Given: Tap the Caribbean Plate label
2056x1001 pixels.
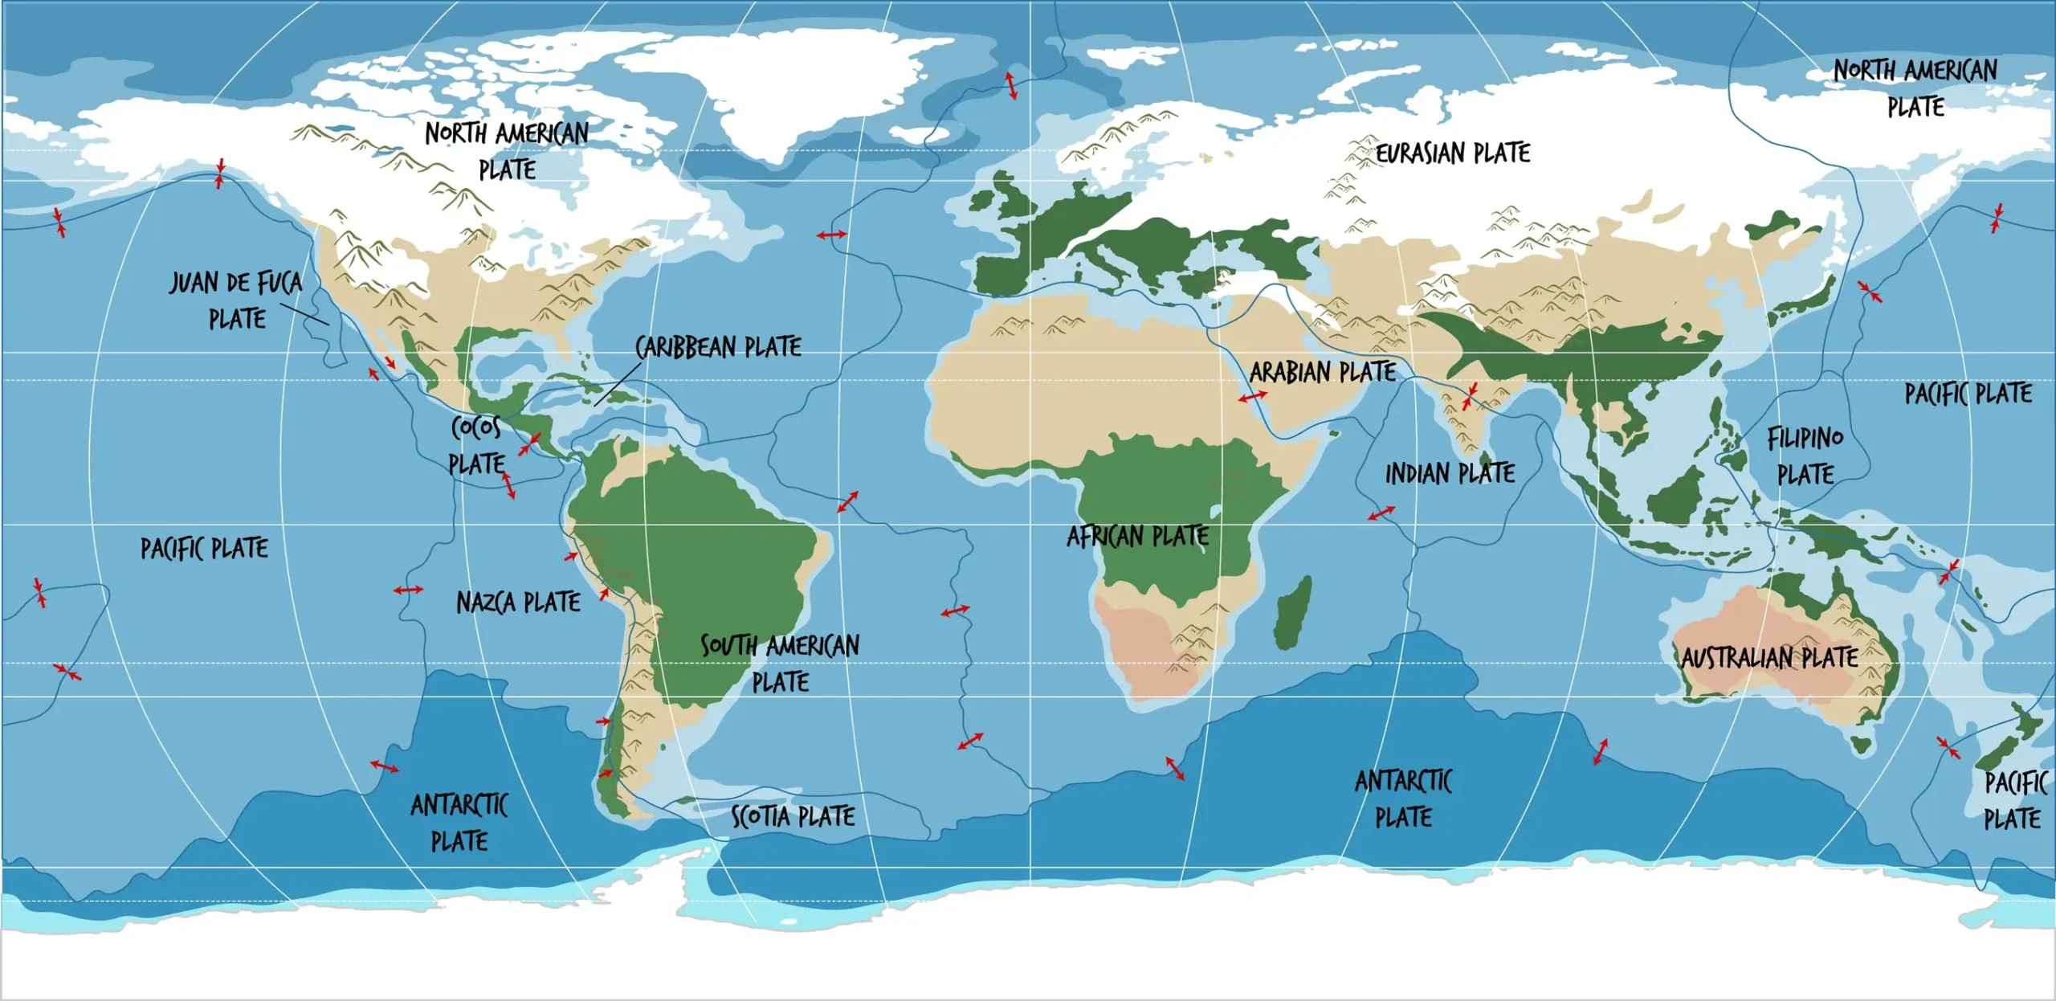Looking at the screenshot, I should [x=718, y=347].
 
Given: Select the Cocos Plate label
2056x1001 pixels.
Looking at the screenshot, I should [x=476, y=445].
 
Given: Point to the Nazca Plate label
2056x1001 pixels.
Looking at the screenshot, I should [x=518, y=603].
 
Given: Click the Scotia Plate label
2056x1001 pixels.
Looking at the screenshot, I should [x=793, y=817].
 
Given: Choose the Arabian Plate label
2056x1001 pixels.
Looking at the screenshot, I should [x=1322, y=372].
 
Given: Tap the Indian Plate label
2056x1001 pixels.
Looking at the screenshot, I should [x=1450, y=474].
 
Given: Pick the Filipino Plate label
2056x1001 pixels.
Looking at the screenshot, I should [x=1805, y=456].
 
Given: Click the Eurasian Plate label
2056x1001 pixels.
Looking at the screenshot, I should [x=1453, y=153].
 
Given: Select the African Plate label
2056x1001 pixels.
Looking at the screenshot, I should [x=1137, y=536].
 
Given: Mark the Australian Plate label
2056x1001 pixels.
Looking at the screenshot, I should [x=1769, y=658].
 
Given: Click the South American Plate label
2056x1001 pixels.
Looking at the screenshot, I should [x=780, y=664].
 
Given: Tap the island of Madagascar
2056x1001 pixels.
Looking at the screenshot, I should [x=1292, y=612].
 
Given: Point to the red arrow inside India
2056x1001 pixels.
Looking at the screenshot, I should [x=1470, y=396].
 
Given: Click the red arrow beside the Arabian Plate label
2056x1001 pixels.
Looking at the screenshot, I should [x=1252, y=396].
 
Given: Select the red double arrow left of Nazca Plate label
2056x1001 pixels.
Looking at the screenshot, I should [x=408, y=590].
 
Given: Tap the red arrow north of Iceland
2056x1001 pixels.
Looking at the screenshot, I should [x=1011, y=85].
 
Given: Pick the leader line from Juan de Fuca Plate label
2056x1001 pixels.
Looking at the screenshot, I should [x=304, y=314].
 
